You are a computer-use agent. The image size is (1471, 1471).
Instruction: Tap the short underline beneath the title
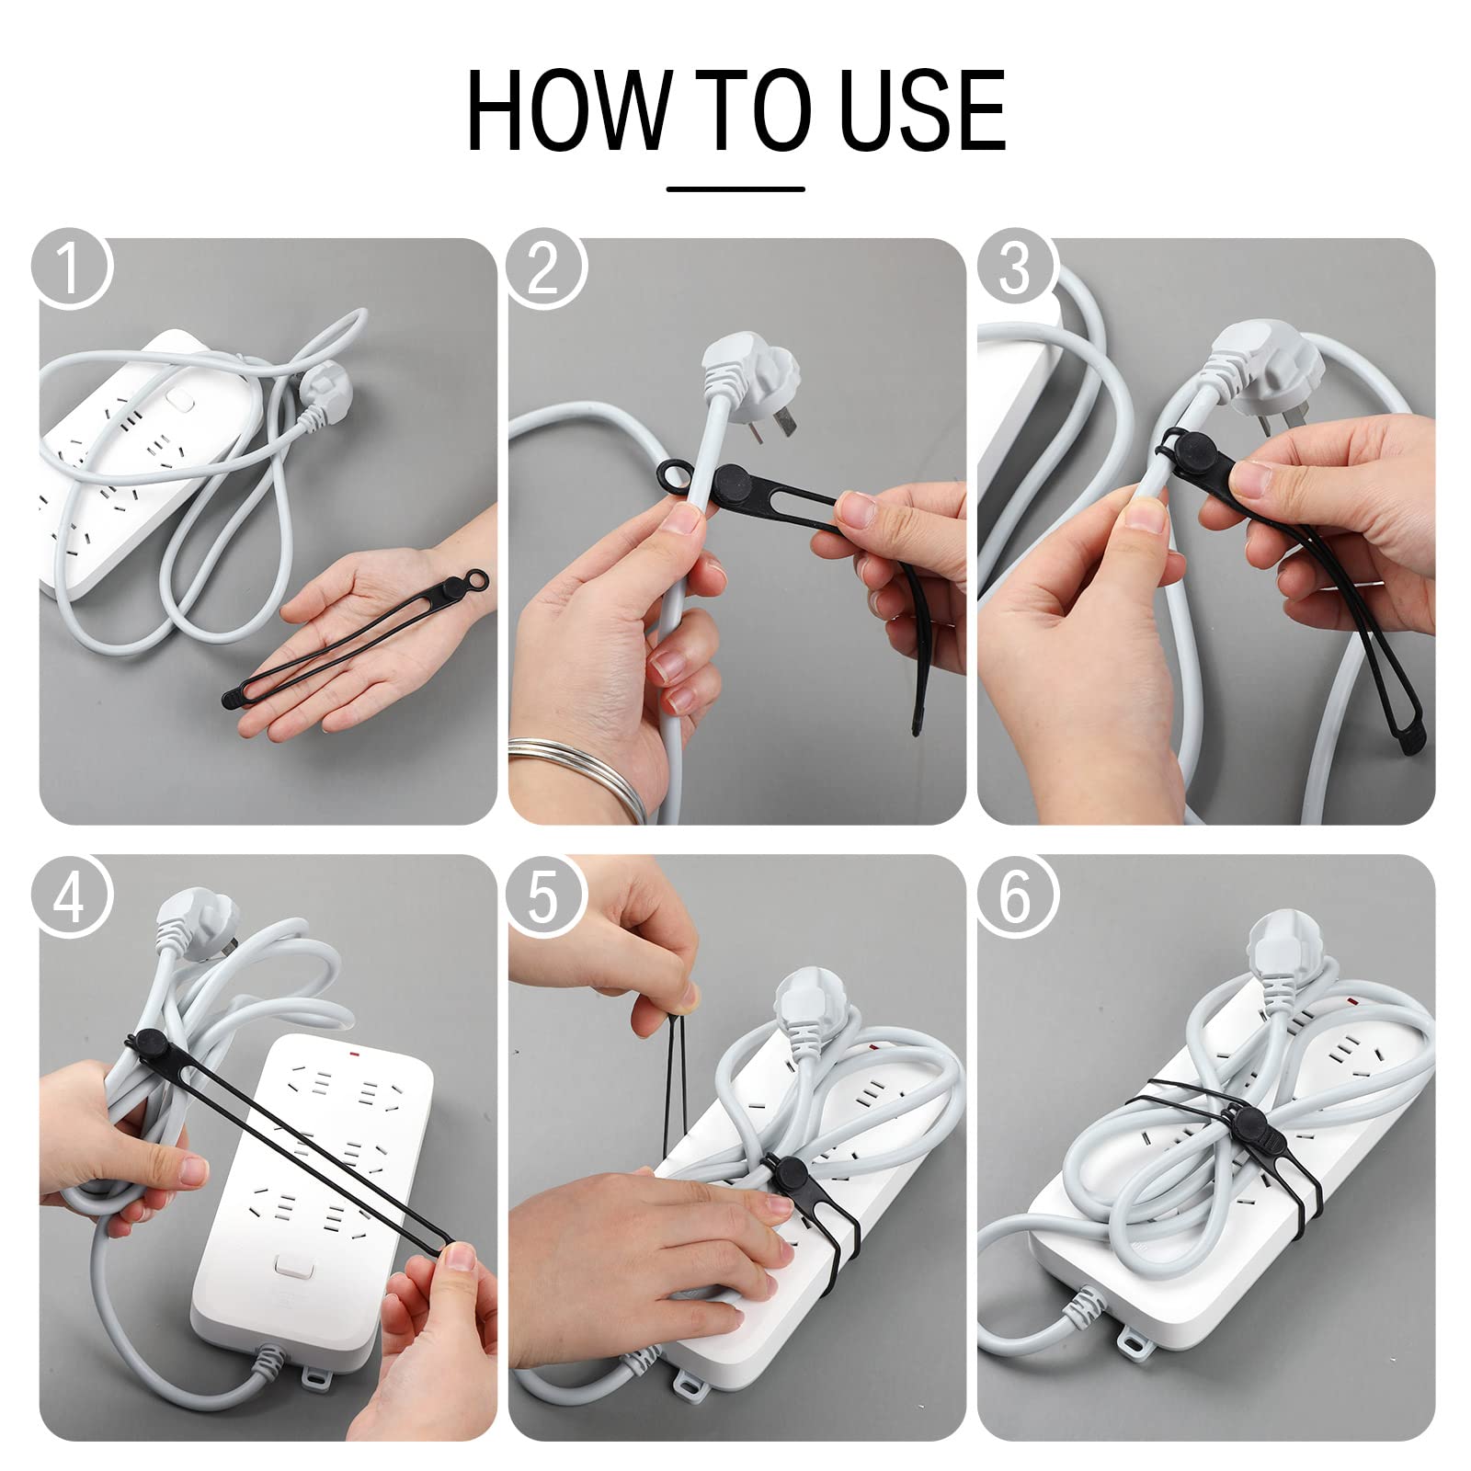pos(735,189)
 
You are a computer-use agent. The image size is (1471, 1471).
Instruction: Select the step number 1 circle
pos(71,268)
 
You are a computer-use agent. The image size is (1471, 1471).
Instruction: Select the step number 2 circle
pos(544,268)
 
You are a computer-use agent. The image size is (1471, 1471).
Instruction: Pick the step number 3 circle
pos(1014,268)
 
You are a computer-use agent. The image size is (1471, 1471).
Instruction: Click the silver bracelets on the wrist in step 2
pos(588,777)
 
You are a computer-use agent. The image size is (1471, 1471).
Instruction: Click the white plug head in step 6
pos(1280,952)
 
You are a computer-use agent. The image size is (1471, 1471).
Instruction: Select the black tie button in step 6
pos(1250,1123)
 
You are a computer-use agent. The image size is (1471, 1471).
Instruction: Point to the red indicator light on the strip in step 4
pos(353,1048)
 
